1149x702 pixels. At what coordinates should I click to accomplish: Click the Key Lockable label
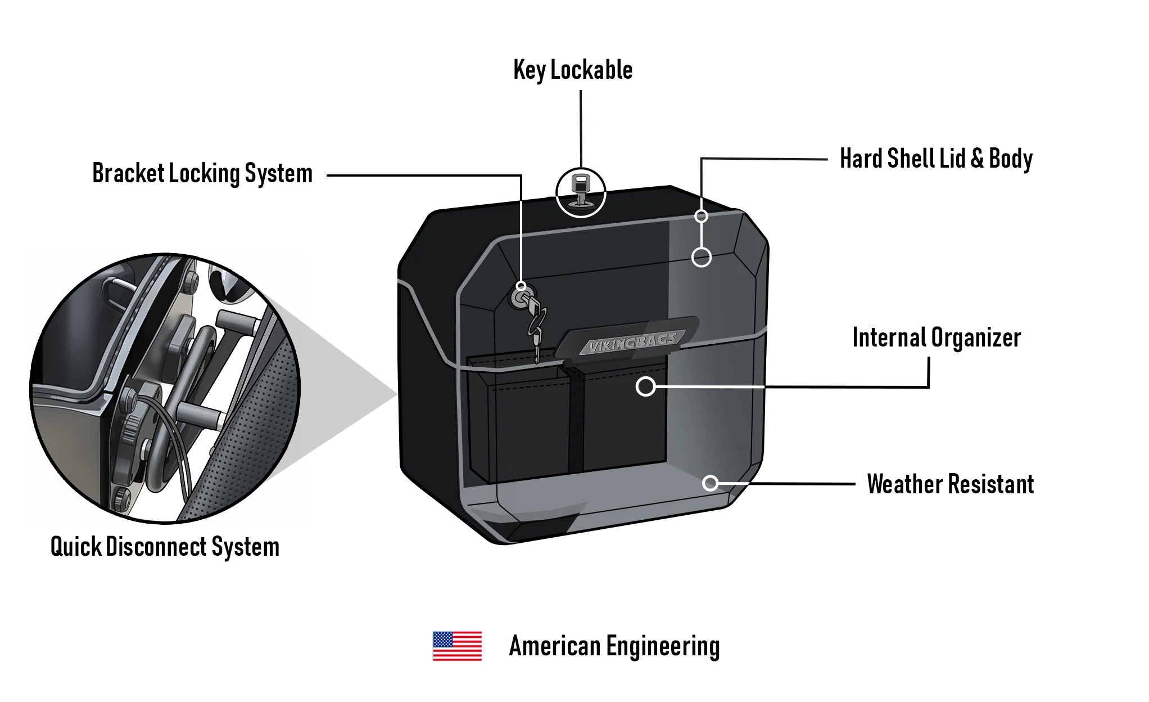[x=573, y=70]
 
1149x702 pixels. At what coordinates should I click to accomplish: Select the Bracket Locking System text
[x=202, y=173]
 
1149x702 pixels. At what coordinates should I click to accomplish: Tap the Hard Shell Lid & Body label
[x=936, y=159]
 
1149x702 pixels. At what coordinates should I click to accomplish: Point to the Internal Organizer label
[x=937, y=337]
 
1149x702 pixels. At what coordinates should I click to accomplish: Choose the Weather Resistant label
[x=950, y=484]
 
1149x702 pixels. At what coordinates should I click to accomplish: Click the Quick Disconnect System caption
[x=165, y=547]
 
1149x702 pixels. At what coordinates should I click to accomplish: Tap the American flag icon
[x=457, y=646]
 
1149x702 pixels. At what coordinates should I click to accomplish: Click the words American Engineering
[x=614, y=646]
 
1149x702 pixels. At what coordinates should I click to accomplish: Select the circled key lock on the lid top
[x=581, y=192]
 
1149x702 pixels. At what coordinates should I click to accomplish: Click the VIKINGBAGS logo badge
[x=632, y=342]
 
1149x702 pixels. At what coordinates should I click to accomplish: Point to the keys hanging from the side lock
[x=536, y=326]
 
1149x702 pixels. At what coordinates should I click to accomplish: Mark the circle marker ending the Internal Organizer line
[x=646, y=386]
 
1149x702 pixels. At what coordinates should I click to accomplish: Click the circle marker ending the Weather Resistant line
[x=711, y=483]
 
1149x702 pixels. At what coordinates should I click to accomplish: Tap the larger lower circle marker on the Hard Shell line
[x=701, y=258]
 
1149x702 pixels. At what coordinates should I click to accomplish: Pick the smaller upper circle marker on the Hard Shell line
[x=701, y=216]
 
